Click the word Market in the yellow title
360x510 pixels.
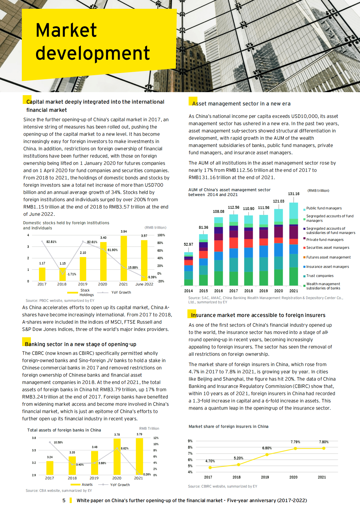pos(66,30)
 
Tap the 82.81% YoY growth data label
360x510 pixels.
pos(51,242)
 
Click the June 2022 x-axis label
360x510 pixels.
pos(144,284)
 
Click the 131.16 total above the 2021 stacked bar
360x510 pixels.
pos(293,194)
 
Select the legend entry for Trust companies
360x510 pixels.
pos(319,276)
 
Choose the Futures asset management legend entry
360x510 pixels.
pos(328,258)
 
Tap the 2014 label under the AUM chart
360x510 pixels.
pos(188,291)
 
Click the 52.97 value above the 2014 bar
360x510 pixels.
pos(188,245)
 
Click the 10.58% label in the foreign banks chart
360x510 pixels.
pos(58,442)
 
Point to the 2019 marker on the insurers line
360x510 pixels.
pos(267,455)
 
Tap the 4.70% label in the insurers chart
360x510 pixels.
pos(210,461)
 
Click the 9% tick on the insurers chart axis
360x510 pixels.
pos(190,441)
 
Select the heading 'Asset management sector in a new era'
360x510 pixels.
pos(241,104)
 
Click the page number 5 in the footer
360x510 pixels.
pos(64,501)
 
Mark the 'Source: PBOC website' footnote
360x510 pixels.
pos(60,301)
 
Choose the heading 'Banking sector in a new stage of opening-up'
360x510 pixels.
pos(81,344)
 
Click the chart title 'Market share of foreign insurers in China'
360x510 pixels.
pos(228,427)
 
